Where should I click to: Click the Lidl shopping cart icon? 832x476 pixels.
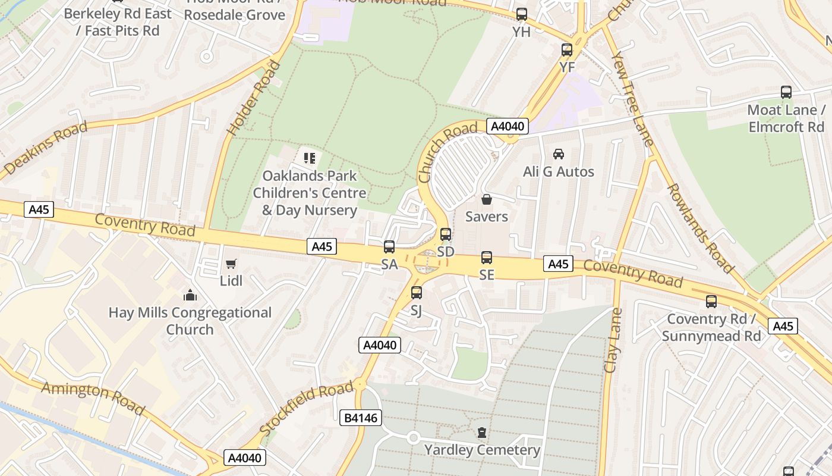[231, 264]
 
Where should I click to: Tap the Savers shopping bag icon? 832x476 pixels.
[487, 199]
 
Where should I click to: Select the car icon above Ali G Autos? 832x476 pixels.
[559, 154]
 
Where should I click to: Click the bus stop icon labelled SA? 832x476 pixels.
[389, 246]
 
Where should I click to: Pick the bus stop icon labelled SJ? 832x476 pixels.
[417, 292]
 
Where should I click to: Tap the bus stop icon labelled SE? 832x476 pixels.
[487, 257]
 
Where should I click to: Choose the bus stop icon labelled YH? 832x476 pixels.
[522, 14]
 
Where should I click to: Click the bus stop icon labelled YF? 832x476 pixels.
[567, 50]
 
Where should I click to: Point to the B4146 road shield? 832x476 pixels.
[361, 418]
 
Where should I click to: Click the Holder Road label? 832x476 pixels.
[254, 97]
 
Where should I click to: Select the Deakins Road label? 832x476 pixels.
[45, 149]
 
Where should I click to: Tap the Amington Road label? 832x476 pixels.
[93, 398]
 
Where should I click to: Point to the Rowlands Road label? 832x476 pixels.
[699, 228]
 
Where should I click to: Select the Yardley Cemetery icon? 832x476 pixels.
[481, 432]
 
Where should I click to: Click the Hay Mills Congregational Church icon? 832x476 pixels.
[190, 295]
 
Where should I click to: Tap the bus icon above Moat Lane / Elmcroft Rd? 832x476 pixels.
[786, 92]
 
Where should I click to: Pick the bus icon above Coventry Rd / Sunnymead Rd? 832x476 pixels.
[711, 302]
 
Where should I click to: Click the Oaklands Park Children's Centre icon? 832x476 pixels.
[310, 158]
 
